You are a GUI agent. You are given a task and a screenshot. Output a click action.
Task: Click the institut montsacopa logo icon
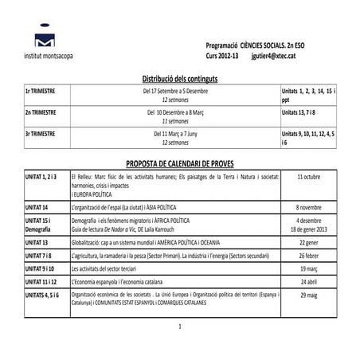(x=45, y=42)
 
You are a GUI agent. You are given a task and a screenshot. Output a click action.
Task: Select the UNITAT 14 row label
(x=37, y=206)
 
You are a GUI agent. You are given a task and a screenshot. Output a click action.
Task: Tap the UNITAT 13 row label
(x=37, y=241)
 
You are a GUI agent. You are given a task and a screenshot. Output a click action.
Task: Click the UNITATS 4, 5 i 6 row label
(x=41, y=295)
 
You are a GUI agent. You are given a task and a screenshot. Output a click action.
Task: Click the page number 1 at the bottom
(x=181, y=327)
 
